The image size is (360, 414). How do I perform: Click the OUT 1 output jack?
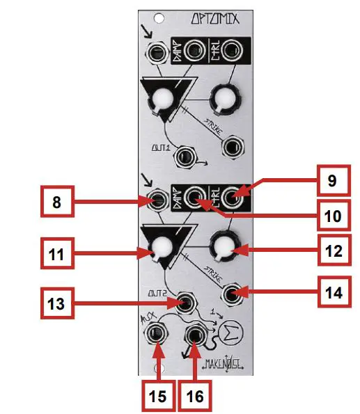pyautogui.click(x=185, y=157)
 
